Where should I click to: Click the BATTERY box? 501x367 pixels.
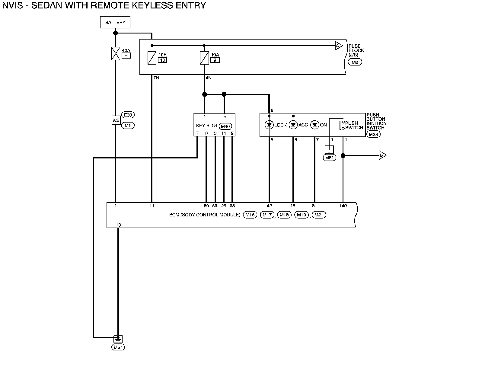point(115,22)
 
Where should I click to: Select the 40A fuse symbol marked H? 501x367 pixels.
point(116,54)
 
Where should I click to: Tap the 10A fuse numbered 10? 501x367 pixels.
point(152,58)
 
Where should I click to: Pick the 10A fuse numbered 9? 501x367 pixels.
point(204,58)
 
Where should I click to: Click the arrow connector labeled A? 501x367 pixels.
point(339,46)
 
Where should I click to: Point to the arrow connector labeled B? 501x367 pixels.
point(382,156)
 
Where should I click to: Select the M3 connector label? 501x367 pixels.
point(355,62)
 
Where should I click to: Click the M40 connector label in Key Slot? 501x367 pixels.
point(226,126)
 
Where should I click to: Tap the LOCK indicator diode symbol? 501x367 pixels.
point(269,125)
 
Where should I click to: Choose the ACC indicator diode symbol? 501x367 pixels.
point(293,125)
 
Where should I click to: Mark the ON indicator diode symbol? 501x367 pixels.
point(315,125)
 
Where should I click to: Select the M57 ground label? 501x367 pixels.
point(118,347)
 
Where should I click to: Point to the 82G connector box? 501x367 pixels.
point(116,120)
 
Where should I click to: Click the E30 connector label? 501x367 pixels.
point(128,115)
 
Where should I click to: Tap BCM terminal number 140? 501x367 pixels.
point(343,206)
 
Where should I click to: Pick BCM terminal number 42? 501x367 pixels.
point(269,206)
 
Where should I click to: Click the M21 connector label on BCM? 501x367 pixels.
point(319,215)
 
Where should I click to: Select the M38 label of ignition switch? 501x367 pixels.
point(373,135)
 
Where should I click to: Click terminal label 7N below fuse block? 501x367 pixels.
point(156,78)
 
